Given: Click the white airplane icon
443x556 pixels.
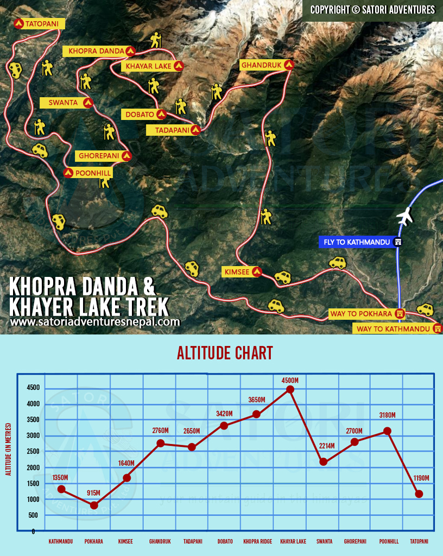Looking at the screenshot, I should coord(404,217).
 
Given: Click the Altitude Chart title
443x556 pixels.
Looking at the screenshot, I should coord(225,353).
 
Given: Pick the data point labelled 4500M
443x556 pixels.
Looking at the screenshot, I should coord(290,389).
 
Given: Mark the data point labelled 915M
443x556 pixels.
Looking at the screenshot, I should coord(94,506).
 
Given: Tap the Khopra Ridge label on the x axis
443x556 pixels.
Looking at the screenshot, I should coord(257,541).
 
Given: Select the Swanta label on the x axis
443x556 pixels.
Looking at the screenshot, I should coord(324,541).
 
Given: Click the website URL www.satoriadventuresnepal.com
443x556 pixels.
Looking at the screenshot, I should coord(95,322).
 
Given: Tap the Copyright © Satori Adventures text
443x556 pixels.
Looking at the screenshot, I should coord(372,10).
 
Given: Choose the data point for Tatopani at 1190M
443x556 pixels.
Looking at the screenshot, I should coord(419,494).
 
